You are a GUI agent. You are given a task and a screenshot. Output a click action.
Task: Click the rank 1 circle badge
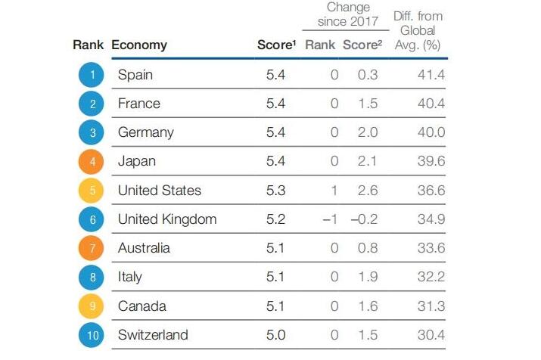pyautogui.click(x=92, y=74)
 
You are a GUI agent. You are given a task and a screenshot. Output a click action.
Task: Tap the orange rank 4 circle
pyautogui.click(x=92, y=161)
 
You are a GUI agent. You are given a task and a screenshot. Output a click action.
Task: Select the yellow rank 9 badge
pyautogui.click(x=92, y=306)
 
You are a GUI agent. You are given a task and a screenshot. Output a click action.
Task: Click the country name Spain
pyautogui.click(x=135, y=74)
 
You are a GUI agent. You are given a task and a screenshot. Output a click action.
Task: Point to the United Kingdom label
pyautogui.click(x=167, y=219)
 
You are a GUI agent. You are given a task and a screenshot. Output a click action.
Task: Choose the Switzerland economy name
pyautogui.click(x=153, y=335)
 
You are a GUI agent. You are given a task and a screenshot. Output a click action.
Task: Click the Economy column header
pyautogui.click(x=139, y=45)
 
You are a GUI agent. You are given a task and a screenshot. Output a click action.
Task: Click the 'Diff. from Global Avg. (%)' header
pyautogui.click(x=418, y=30)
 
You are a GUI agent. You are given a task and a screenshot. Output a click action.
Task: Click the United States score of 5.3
pyautogui.click(x=276, y=191)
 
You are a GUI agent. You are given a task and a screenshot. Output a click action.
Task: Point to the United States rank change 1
pyautogui.click(x=334, y=191)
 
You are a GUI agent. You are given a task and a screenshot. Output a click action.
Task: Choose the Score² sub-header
pyautogui.click(x=361, y=45)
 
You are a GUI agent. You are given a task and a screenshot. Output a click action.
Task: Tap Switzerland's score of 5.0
pyautogui.click(x=276, y=335)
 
